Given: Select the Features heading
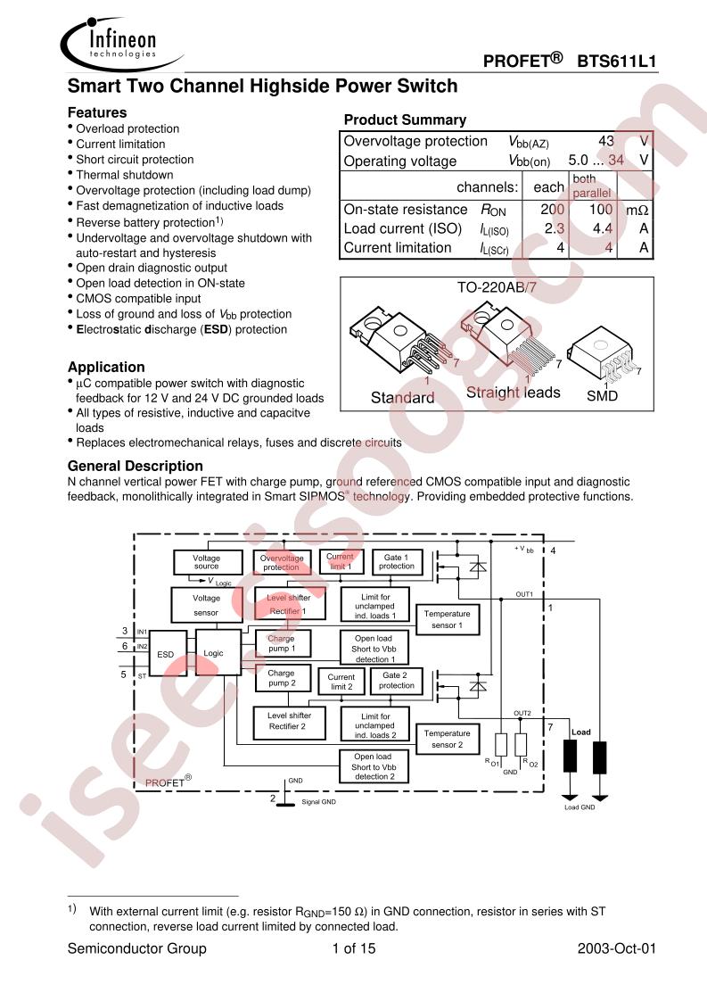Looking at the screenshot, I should [x=97, y=112].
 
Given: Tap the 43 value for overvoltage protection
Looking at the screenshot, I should [x=606, y=141].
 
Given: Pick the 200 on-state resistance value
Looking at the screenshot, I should [x=553, y=210].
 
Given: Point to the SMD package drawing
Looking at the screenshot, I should [x=602, y=357].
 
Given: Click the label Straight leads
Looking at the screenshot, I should [x=513, y=393].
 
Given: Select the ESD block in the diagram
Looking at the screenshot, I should [x=166, y=654].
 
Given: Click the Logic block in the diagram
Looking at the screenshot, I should [x=214, y=653].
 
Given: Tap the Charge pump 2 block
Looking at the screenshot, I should [x=281, y=678].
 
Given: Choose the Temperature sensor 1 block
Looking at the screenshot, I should [x=447, y=620].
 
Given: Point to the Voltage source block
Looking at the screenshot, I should [x=206, y=561].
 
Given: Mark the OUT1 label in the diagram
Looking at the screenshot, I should [x=524, y=594].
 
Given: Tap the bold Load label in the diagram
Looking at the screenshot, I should [x=580, y=732].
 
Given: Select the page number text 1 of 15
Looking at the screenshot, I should [x=353, y=948].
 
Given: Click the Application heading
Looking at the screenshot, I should [x=106, y=367].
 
